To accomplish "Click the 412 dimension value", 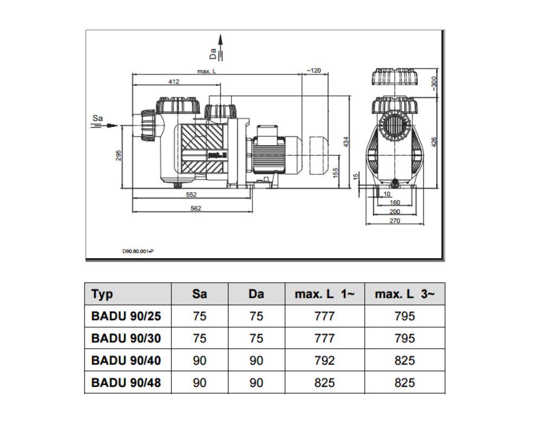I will (173, 81).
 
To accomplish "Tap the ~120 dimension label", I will (314, 71).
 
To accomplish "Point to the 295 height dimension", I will (119, 155).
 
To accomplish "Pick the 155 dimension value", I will (335, 173).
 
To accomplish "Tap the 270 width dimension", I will (394, 221).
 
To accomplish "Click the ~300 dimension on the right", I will (434, 81).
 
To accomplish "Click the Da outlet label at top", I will (214, 53).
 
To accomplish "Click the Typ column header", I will (102, 294).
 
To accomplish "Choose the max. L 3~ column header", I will (405, 294).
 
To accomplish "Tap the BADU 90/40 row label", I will (126, 360).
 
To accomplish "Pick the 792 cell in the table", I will (324, 360).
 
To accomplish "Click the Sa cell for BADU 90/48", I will (199, 382).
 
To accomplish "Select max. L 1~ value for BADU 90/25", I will (324, 316).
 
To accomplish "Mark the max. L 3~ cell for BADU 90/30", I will (405, 338).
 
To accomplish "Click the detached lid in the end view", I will (394, 76).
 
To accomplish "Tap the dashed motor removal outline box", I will (320, 156).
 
